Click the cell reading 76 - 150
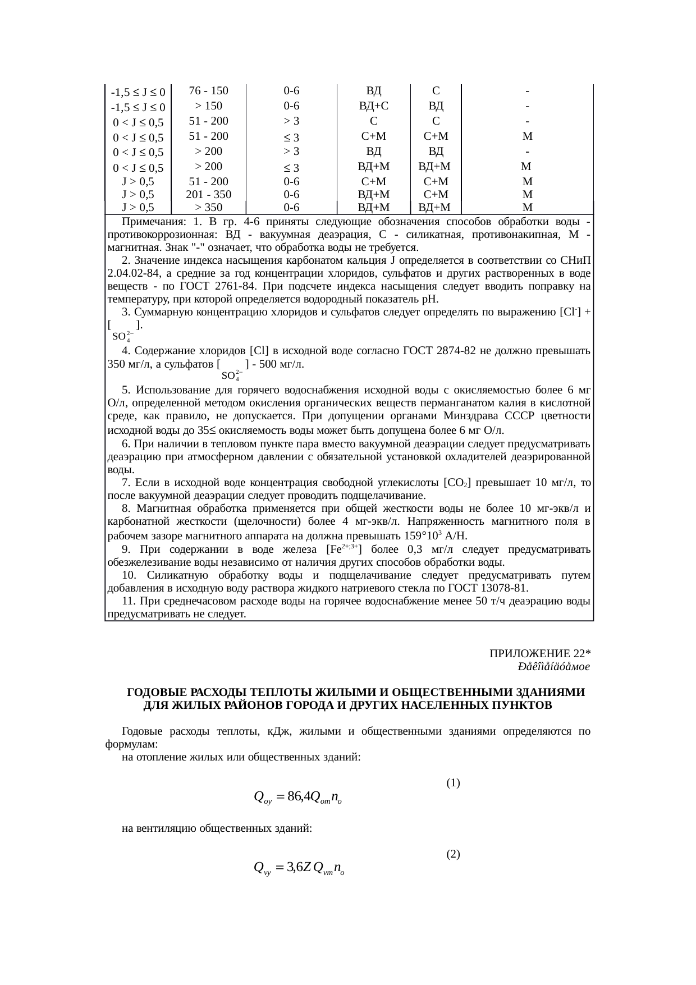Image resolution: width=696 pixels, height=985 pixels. [x=208, y=91]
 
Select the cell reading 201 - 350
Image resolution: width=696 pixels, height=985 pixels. [x=208, y=195]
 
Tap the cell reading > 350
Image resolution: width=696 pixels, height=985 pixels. [x=208, y=207]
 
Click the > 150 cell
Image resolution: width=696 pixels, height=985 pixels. [x=208, y=106]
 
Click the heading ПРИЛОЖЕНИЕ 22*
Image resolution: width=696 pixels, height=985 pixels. [x=539, y=654]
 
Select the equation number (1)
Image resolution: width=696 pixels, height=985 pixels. [x=453, y=782]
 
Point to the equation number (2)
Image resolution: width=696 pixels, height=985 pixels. [x=453, y=854]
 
